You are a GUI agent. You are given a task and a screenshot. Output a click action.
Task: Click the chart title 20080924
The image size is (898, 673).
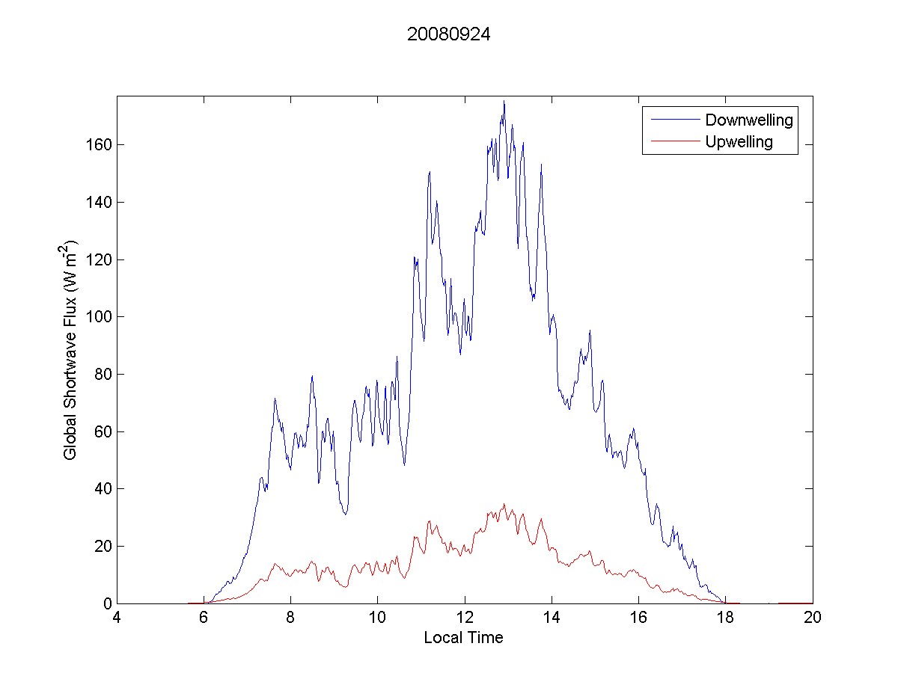[x=448, y=34]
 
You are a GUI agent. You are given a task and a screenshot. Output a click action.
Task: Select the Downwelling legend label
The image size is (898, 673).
[x=748, y=120]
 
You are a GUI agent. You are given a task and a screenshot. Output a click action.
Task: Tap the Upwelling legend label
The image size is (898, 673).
[x=739, y=141]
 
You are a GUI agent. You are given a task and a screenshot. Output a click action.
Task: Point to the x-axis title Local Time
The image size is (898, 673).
[x=463, y=638]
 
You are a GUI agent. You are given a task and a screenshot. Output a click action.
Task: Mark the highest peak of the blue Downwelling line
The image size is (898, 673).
[x=504, y=101]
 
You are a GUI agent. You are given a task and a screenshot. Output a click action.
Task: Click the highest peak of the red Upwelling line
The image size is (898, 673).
[x=504, y=504]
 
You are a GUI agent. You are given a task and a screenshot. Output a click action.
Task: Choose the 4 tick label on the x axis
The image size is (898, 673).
[x=117, y=618]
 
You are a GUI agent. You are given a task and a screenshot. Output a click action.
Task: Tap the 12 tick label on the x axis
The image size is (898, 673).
[x=465, y=618]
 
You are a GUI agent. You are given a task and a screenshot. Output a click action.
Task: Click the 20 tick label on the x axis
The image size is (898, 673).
[x=813, y=618]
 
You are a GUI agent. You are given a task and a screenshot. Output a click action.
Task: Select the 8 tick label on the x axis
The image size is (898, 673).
[x=290, y=618]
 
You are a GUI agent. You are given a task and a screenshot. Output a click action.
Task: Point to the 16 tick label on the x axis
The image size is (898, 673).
[x=638, y=618]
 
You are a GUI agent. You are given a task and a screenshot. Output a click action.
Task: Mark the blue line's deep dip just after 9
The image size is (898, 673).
[x=345, y=514]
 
